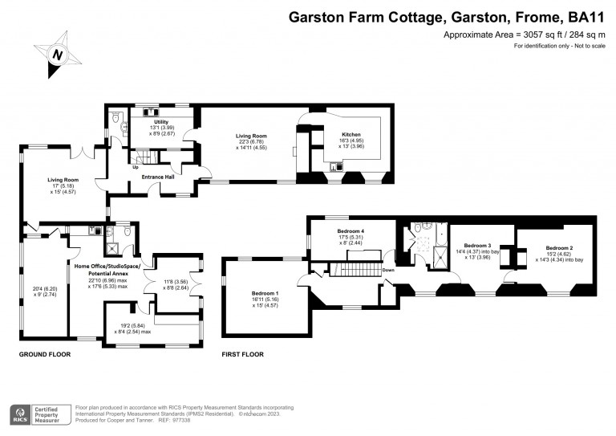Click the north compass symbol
[58, 54]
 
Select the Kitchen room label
[351, 135]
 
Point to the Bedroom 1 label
[264, 294]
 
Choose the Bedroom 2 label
[559, 248]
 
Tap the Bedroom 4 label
[351, 230]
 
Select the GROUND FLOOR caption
[44, 354]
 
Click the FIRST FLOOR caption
[242, 354]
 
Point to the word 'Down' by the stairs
[387, 270]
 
